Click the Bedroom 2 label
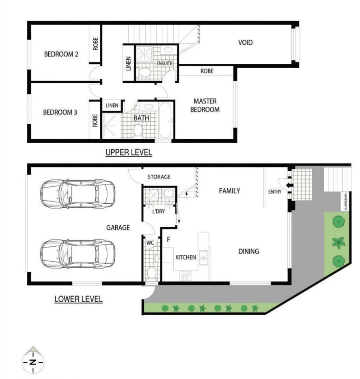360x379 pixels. pos(61,54)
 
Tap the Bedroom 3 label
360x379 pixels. pos(60,112)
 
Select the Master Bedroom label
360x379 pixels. pos(206,105)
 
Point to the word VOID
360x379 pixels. pos(246,42)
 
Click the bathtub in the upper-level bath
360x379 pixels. pos(166,121)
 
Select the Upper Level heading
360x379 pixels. pos(129,153)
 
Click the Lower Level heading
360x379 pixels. pos(78,299)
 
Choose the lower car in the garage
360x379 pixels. pos(77,254)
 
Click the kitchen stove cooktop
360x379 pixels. pos(186,276)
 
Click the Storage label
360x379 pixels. pos(159,177)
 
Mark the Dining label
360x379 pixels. pos(248,251)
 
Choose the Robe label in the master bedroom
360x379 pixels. pos(207,71)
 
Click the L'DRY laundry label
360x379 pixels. pos(158,212)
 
